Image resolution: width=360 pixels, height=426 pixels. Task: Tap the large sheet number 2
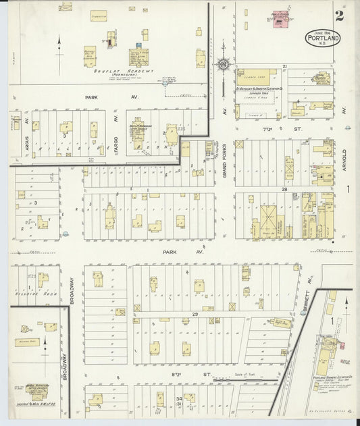click(x=338, y=16)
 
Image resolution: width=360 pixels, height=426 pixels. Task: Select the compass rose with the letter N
click(x=222, y=65)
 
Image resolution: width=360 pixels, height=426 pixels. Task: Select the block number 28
click(x=285, y=190)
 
